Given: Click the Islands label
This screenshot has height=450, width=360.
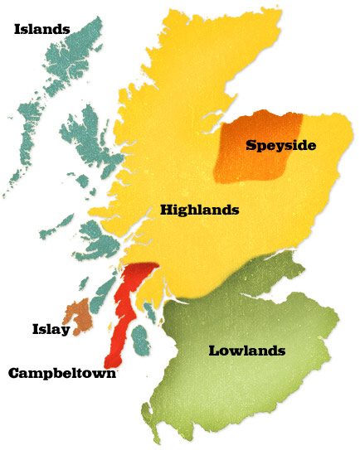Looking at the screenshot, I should (x=41, y=30).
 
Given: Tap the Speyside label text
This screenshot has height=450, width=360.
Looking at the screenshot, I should (x=282, y=145).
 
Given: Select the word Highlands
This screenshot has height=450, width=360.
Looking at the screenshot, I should (x=199, y=210).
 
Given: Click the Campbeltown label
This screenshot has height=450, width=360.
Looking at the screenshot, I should (x=61, y=373).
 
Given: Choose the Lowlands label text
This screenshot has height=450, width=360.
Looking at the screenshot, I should (x=246, y=351).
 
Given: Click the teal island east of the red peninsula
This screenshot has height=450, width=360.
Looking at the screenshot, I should (x=140, y=340).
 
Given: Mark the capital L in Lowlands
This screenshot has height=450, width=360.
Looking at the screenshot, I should (x=212, y=351).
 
